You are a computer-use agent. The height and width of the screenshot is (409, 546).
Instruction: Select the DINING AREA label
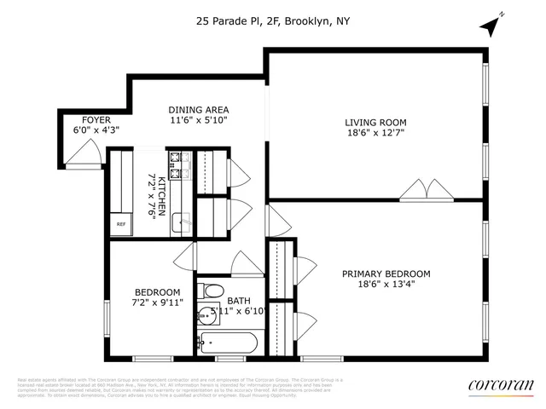pyautogui.click(x=198, y=110)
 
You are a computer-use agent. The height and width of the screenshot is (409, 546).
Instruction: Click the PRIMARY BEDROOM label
pyautogui.click(x=386, y=274)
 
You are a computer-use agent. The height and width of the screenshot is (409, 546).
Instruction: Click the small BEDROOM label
pyautogui.click(x=157, y=291)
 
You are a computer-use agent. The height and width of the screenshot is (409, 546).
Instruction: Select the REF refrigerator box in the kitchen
pyautogui.click(x=122, y=224)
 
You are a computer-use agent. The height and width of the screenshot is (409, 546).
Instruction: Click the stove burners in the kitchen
pyautogui.click(x=178, y=165)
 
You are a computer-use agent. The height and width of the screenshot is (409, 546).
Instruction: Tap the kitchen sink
pyautogui.click(x=179, y=223)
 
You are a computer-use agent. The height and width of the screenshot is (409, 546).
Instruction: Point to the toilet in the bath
pyautogui.click(x=212, y=291)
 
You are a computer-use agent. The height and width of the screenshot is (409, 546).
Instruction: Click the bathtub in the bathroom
pyautogui.click(x=225, y=343)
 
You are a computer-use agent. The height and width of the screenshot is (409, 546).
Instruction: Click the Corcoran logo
pyautogui.click(x=502, y=386)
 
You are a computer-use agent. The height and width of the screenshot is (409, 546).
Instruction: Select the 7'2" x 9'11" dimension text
pyautogui.click(x=157, y=302)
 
